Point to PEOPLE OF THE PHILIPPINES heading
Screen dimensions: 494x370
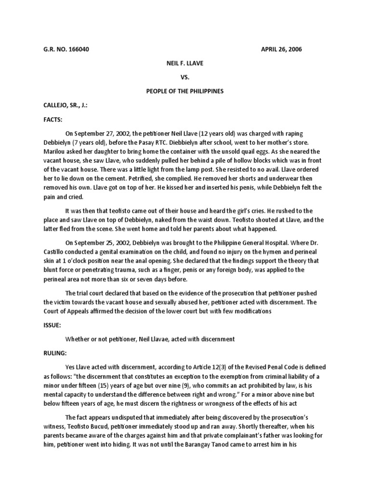pos(185,91)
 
